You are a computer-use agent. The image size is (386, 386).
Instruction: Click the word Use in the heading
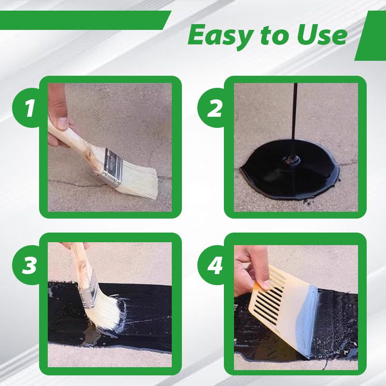(321, 35)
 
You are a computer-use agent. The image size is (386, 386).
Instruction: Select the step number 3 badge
(30, 264)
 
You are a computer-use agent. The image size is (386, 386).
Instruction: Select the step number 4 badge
(215, 264)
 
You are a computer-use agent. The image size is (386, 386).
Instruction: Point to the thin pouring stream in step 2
(295, 116)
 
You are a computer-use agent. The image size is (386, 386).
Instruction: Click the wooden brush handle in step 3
(79, 261)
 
